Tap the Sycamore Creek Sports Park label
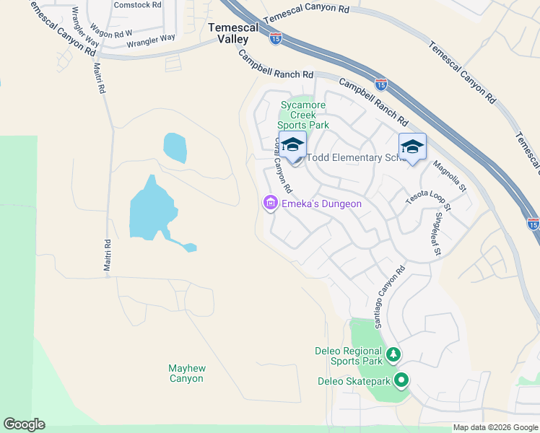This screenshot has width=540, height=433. pos(304,115)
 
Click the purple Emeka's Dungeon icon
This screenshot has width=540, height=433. pos(271,204)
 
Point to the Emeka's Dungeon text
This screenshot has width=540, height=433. pos(321,204)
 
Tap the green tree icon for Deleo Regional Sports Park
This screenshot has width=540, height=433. pos(393,354)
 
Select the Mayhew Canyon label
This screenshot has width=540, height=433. pos(186,373)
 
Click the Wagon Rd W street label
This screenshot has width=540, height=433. pos(113,33)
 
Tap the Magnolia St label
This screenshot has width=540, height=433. pos(450,178)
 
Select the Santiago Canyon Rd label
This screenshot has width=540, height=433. pos(389,297)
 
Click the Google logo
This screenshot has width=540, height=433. pos(25,424)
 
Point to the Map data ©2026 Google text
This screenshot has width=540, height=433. pos(495,427)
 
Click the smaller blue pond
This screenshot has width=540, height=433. pos(175,147)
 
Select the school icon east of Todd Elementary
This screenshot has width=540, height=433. pos(412,146)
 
